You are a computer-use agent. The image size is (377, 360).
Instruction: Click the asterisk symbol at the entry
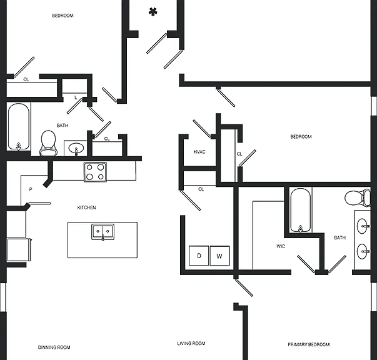153,11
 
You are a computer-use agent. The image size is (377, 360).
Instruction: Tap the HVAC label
199,152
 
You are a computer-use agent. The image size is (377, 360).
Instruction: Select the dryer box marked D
199,256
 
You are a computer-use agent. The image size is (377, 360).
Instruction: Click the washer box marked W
219,256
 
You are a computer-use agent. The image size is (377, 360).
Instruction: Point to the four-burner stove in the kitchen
95,172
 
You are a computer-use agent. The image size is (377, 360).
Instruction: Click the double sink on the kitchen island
103,232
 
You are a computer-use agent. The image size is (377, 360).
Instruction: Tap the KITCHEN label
86,207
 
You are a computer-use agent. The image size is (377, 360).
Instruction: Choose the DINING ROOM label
54,347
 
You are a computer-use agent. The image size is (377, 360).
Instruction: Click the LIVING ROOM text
191,343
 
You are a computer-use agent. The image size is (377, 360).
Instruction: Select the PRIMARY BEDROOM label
309,344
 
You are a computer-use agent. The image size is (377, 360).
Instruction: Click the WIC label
281,246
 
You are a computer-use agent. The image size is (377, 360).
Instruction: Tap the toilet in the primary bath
358,198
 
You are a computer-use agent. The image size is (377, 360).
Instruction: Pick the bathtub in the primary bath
300,211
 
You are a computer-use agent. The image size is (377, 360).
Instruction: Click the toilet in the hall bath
49,143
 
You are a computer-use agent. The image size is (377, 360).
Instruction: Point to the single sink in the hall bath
76,148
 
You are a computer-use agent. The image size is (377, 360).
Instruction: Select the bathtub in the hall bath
19,126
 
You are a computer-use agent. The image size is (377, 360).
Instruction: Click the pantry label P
31,189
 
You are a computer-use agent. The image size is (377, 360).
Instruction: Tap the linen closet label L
76,97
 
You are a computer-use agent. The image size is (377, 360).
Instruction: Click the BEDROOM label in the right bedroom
301,137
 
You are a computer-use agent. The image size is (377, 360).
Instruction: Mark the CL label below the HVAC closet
201,189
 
